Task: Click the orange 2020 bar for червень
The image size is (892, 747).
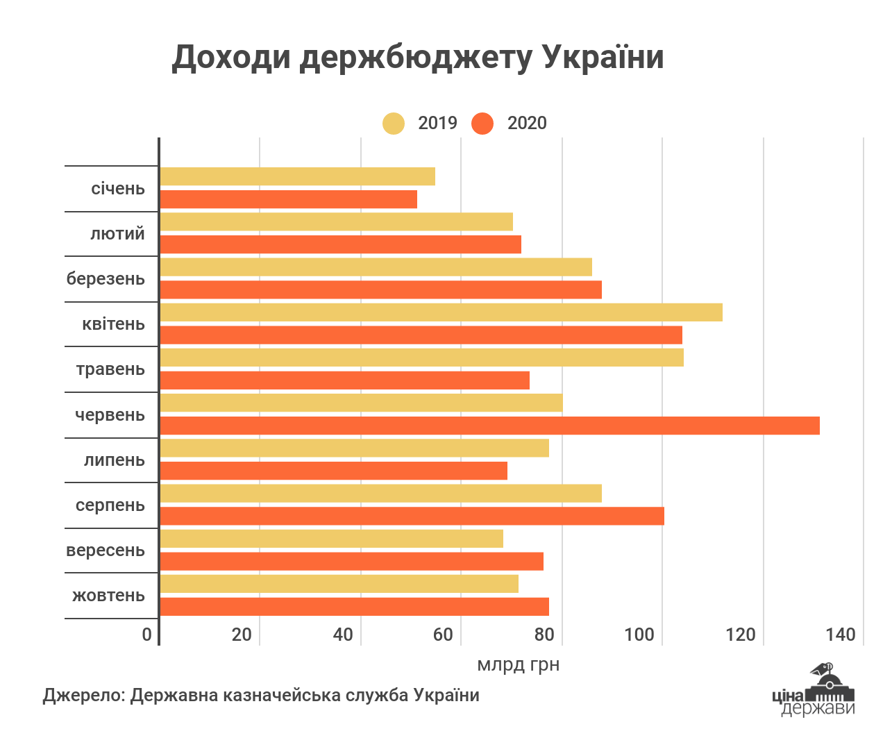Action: coord(489,426)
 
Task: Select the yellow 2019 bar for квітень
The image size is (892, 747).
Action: coord(441,312)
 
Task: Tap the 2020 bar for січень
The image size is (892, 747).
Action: coord(288,199)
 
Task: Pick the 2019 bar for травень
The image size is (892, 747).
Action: coord(421,358)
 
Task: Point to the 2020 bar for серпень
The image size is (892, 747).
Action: coord(412,516)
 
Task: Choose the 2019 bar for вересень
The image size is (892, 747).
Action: coord(331,539)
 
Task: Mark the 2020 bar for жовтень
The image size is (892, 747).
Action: coord(354,607)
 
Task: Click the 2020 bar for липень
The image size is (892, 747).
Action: coord(333,471)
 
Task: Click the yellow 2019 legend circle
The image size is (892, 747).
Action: coord(394,124)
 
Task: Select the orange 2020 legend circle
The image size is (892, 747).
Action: coord(482,124)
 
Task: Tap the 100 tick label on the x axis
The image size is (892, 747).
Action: coord(639,635)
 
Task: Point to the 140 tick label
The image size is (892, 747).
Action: coord(841,635)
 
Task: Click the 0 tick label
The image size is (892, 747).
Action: coord(147,635)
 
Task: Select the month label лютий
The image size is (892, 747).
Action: coord(118,234)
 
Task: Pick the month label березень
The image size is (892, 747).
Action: coord(106,279)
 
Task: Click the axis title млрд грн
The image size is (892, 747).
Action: coord(518,665)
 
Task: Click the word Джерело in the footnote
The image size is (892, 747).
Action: coord(83,696)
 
